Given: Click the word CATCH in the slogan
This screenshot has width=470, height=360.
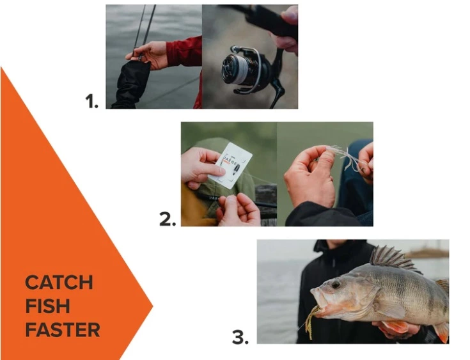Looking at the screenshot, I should (x=59, y=283).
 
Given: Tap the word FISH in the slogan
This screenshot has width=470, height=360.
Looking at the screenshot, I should (x=47, y=306).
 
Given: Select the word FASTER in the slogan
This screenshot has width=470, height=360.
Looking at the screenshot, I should (x=63, y=330).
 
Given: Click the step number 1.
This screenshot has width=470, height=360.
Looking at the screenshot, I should (x=91, y=101).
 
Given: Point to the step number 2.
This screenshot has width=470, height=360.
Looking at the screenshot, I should (x=167, y=219).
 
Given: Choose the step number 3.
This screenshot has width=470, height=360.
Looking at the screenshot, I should (x=240, y=337).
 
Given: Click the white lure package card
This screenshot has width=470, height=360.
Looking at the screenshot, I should (x=230, y=164).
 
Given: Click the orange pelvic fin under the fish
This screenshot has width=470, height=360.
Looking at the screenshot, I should (x=396, y=328).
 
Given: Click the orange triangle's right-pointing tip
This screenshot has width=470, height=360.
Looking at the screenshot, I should (x=152, y=306).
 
